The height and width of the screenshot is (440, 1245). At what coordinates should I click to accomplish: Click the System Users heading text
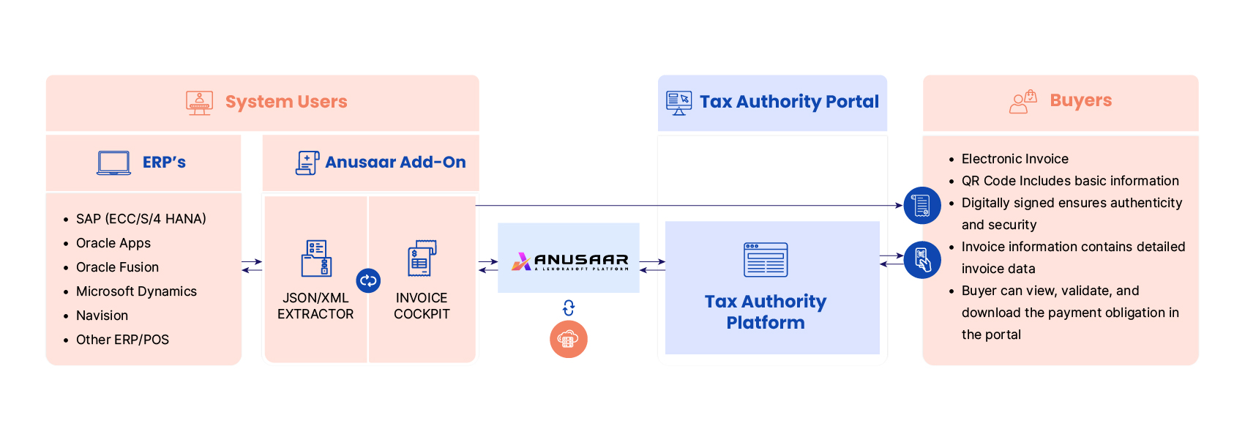286,102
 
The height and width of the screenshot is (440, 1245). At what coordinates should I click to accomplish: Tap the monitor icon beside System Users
199,103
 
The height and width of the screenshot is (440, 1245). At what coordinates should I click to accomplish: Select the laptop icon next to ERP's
114,163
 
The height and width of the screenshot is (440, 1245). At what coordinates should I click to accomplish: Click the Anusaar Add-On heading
395,163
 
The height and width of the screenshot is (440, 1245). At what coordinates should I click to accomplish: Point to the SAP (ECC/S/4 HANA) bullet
141,219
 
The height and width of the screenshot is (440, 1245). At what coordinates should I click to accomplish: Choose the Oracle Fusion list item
117,267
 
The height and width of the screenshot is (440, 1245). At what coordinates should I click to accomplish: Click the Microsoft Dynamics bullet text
136,291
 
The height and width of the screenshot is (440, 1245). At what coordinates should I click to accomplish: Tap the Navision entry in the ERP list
102,316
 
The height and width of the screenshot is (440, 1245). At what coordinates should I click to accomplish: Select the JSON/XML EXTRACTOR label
315,306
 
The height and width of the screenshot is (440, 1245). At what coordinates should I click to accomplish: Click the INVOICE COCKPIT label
422,306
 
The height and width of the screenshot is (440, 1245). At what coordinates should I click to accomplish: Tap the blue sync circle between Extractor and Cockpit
368,280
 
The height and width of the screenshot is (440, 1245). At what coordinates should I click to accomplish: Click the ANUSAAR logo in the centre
569,261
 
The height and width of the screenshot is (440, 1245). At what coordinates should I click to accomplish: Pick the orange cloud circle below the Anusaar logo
569,339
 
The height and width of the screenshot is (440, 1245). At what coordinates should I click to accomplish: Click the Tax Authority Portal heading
789,102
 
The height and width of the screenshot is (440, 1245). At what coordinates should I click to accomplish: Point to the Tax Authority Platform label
766,312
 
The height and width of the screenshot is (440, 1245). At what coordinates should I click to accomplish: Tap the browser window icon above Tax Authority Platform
766,260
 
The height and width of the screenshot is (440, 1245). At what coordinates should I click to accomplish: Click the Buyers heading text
1080,100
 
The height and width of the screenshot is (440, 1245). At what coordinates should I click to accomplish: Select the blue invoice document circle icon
922,206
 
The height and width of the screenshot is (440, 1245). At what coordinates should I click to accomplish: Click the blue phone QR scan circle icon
922,260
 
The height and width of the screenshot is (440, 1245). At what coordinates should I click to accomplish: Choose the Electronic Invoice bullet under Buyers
1014,159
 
